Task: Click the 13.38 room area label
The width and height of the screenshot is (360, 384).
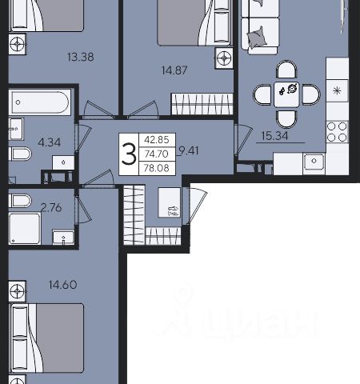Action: [x=81, y=57]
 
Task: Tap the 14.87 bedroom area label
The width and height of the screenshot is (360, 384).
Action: [x=174, y=70]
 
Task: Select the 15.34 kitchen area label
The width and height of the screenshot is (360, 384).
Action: [x=274, y=136]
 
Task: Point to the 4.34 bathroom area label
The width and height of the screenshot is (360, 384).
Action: [x=50, y=142]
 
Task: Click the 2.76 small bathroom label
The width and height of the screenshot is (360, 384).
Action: [x=52, y=207]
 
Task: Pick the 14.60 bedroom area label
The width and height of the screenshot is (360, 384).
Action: [x=63, y=285]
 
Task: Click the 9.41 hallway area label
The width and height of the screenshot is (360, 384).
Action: [x=189, y=151]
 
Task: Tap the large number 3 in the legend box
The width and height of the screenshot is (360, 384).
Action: [x=129, y=154]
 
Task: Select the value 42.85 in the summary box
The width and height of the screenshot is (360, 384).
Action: [x=157, y=139]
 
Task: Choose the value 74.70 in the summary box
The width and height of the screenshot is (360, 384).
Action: [x=157, y=154]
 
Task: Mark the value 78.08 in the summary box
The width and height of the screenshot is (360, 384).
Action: [x=157, y=168]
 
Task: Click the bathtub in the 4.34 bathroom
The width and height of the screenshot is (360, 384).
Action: [x=39, y=102]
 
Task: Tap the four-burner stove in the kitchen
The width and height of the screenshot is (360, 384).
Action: [x=338, y=131]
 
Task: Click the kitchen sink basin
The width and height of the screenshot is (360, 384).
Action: [x=314, y=161]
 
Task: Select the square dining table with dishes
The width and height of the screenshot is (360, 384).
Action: [x=286, y=94]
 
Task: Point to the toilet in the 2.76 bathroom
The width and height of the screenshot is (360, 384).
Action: [x=20, y=201]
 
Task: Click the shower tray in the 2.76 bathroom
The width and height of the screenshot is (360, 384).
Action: [x=25, y=229]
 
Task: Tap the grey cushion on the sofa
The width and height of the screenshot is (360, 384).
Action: [x=257, y=37]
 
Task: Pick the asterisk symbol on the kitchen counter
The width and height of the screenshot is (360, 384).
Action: [x=338, y=91]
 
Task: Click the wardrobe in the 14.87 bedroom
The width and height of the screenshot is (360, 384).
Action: [x=202, y=104]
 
